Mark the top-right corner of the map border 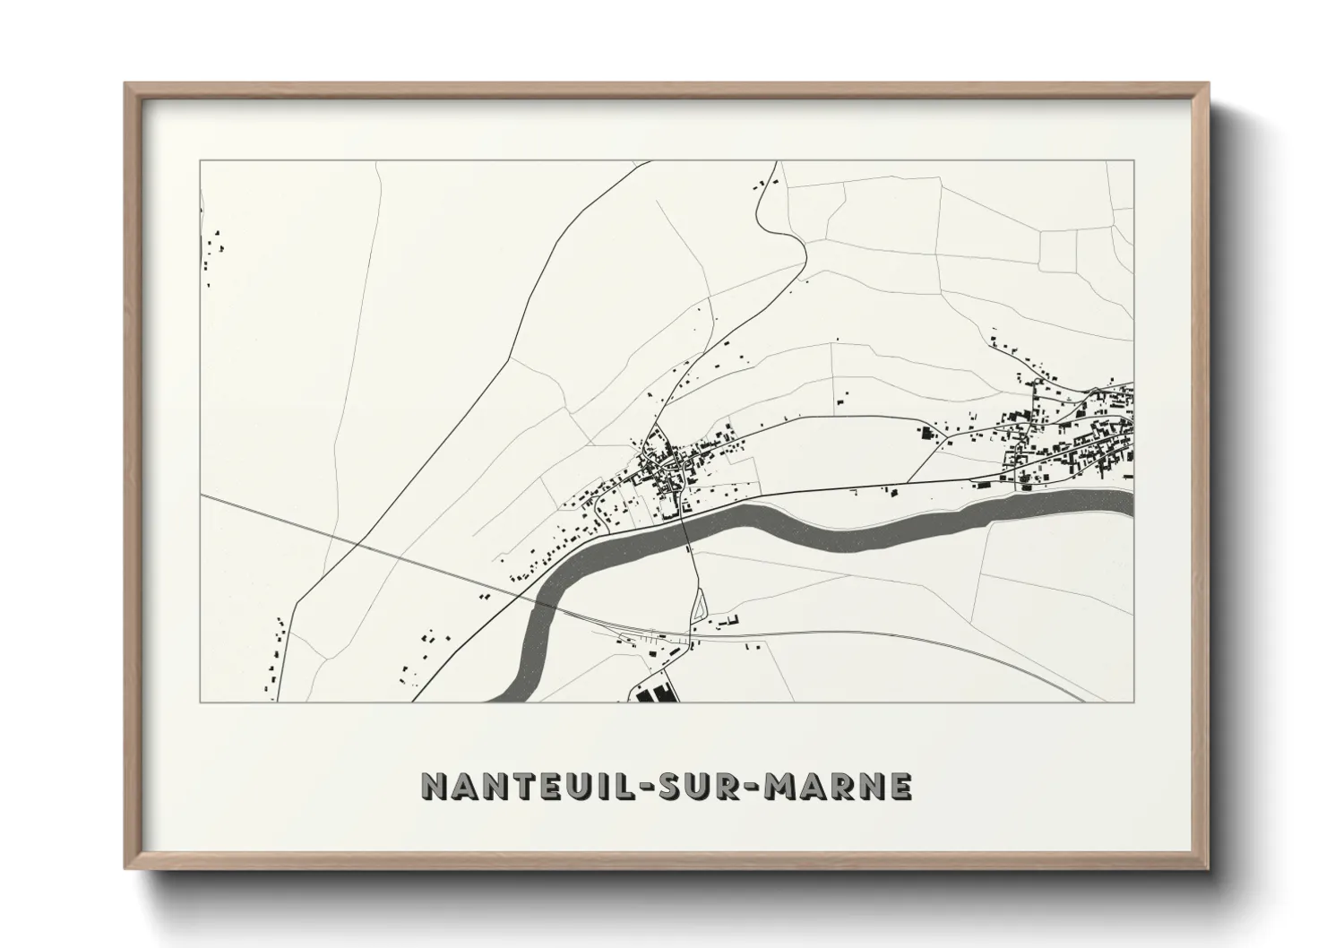[x=1133, y=161]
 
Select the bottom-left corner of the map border [x=201, y=702]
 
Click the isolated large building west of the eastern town [x=926, y=434]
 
